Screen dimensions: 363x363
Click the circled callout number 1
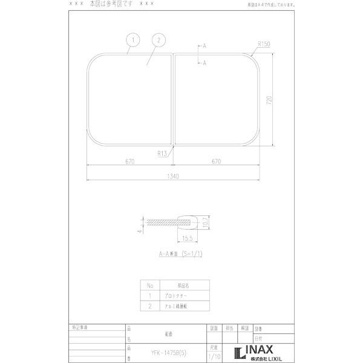pyautogui.click(x=133, y=41)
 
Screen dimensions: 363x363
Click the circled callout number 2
pyautogui.click(x=157, y=41)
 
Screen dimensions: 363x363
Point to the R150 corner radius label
pyautogui.click(x=263, y=44)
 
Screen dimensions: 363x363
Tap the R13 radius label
pyautogui.click(x=162, y=154)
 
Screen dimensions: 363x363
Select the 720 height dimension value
pyautogui.click(x=269, y=99)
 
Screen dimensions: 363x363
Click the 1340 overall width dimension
pyautogui.click(x=174, y=176)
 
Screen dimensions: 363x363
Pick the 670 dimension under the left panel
pyautogui.click(x=130, y=162)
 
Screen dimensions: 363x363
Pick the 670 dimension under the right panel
pyautogui.click(x=217, y=162)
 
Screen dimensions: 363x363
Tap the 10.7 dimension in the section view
pyautogui.click(x=206, y=223)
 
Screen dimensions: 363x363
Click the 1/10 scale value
pyautogui.click(x=214, y=357)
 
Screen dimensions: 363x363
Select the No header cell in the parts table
pyautogui.click(x=150, y=285)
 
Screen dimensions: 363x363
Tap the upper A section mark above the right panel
pyautogui.click(x=204, y=46)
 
